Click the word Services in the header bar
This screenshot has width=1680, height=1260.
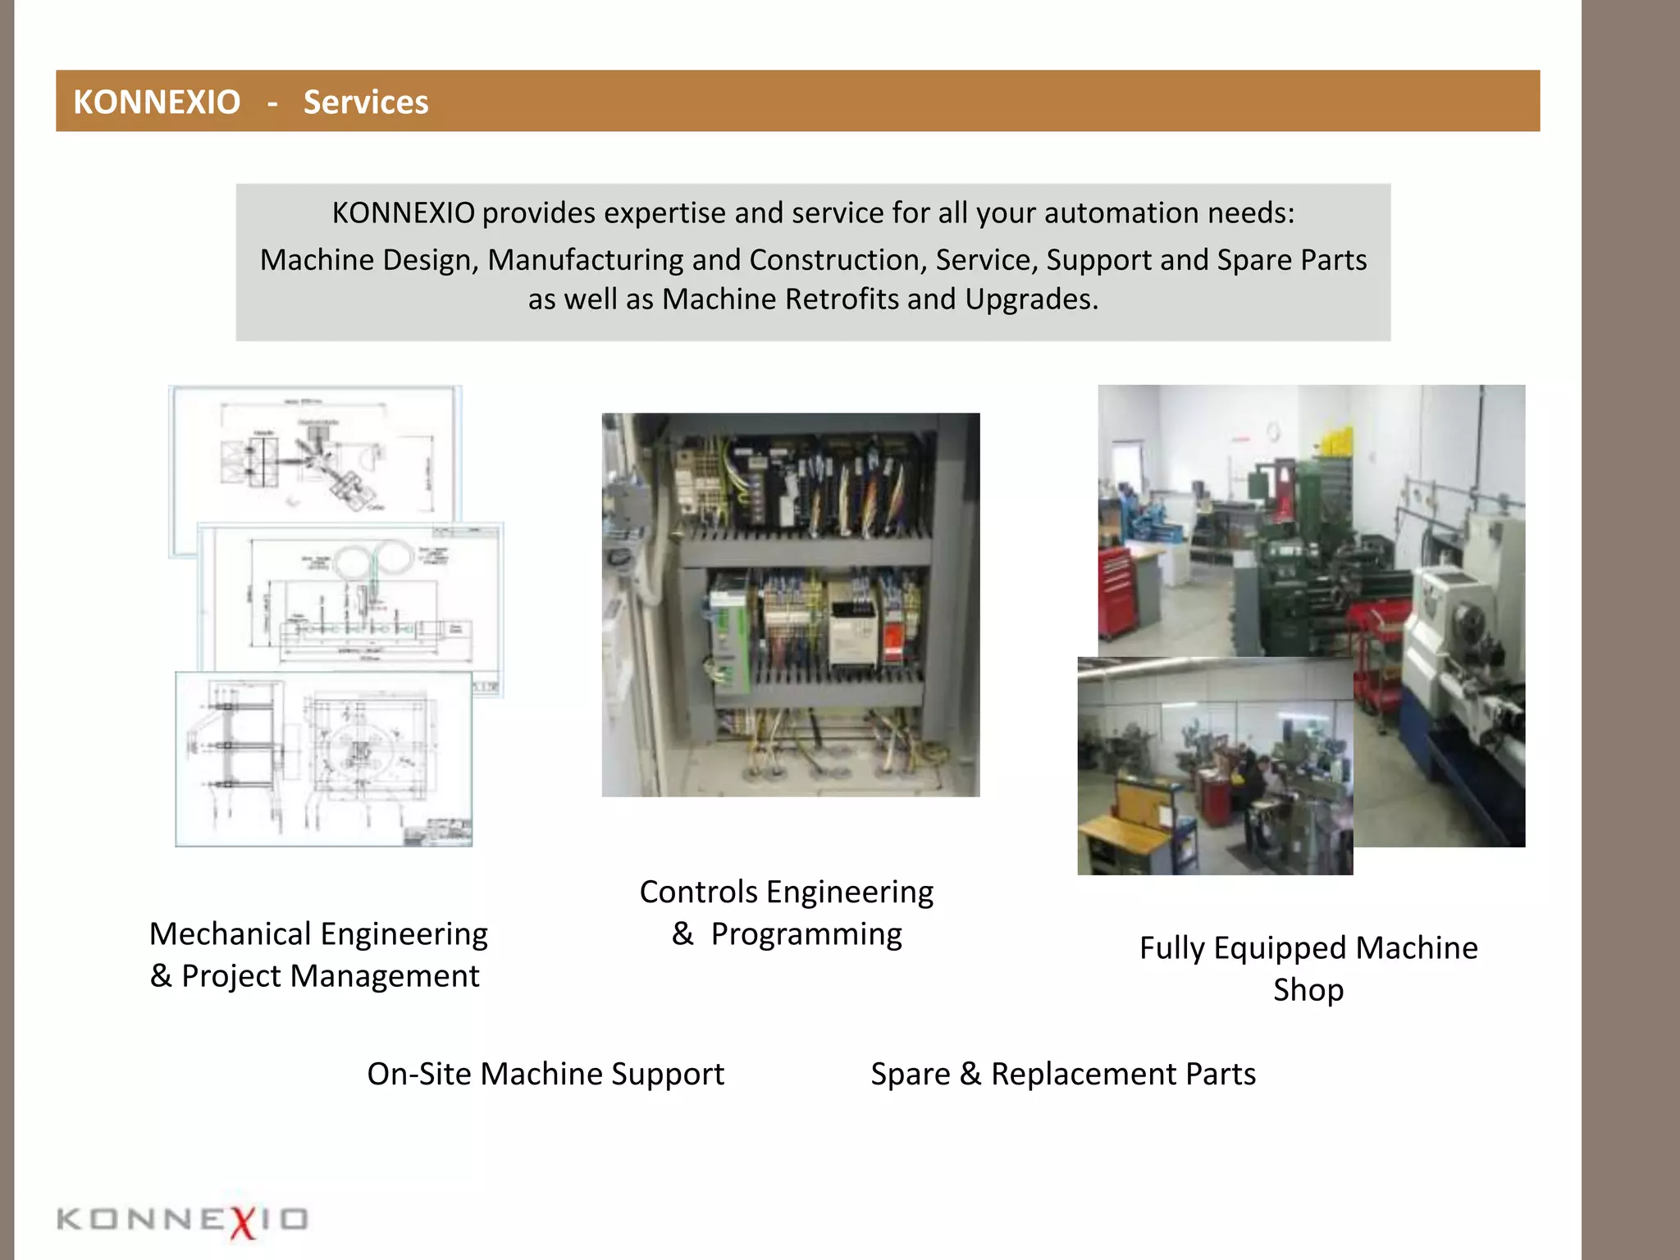(x=366, y=103)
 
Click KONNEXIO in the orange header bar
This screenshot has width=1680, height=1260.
(x=157, y=103)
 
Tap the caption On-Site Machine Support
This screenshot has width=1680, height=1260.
(x=546, y=1074)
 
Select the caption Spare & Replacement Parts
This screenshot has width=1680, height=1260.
(x=1063, y=1074)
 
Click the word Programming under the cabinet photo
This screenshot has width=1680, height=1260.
(x=806, y=934)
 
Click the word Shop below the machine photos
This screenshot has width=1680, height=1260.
(x=1308, y=990)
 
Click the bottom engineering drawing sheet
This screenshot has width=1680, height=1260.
(x=323, y=759)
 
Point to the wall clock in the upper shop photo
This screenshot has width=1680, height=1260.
(x=1273, y=431)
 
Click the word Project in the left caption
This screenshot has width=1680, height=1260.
(x=232, y=976)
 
